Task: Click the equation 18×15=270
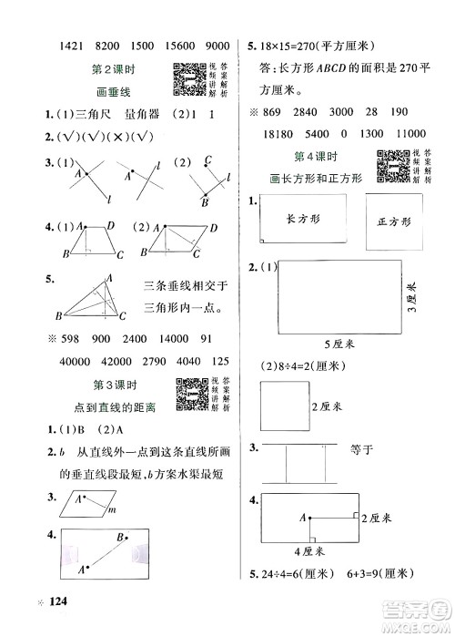[x=287, y=45]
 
